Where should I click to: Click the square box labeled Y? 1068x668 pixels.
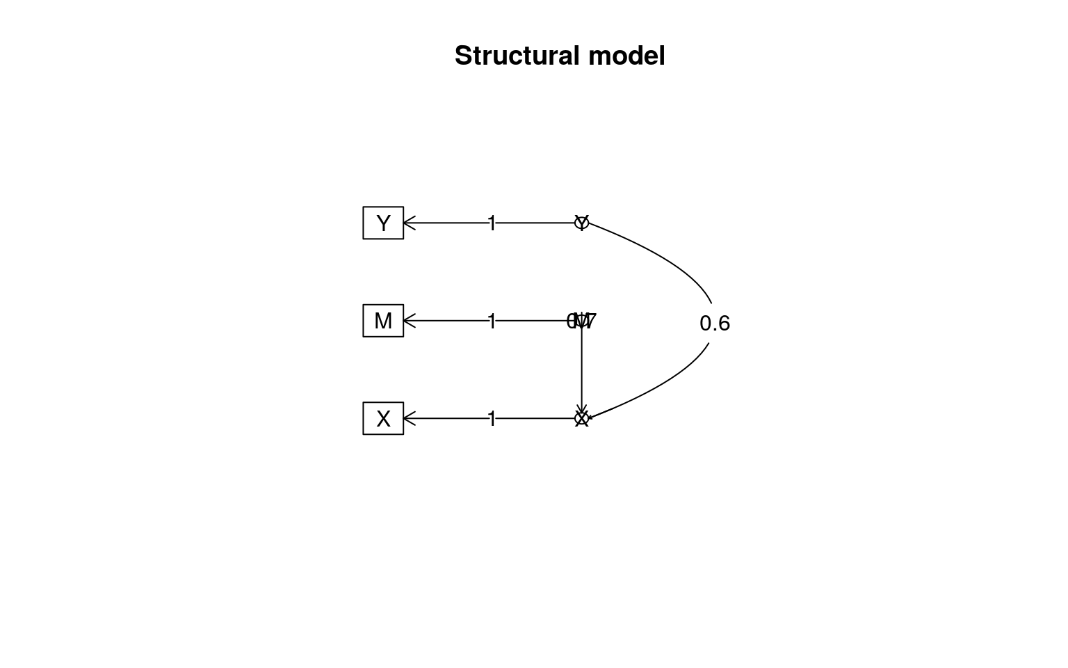[x=383, y=223]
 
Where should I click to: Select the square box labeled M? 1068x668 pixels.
[x=383, y=321]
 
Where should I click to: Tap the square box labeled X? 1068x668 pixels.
[x=383, y=418]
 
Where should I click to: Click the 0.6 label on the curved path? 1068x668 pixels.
[x=715, y=324]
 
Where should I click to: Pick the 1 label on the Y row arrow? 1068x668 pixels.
[x=492, y=223]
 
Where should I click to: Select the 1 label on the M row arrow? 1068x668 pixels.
[x=492, y=321]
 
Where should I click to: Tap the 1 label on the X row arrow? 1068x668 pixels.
[x=492, y=419]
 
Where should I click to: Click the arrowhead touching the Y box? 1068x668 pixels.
[x=408, y=223]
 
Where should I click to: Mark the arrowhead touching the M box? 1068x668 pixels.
[x=408, y=321]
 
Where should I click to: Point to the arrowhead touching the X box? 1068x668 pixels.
[x=408, y=418]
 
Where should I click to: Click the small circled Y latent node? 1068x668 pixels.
[x=582, y=223]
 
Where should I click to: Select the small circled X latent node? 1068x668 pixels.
[x=582, y=418]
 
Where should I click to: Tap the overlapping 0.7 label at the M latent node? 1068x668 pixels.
[x=582, y=321]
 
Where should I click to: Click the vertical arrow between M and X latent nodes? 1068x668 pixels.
[x=582, y=369]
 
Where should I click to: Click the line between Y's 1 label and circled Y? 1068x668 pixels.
[x=535, y=223]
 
